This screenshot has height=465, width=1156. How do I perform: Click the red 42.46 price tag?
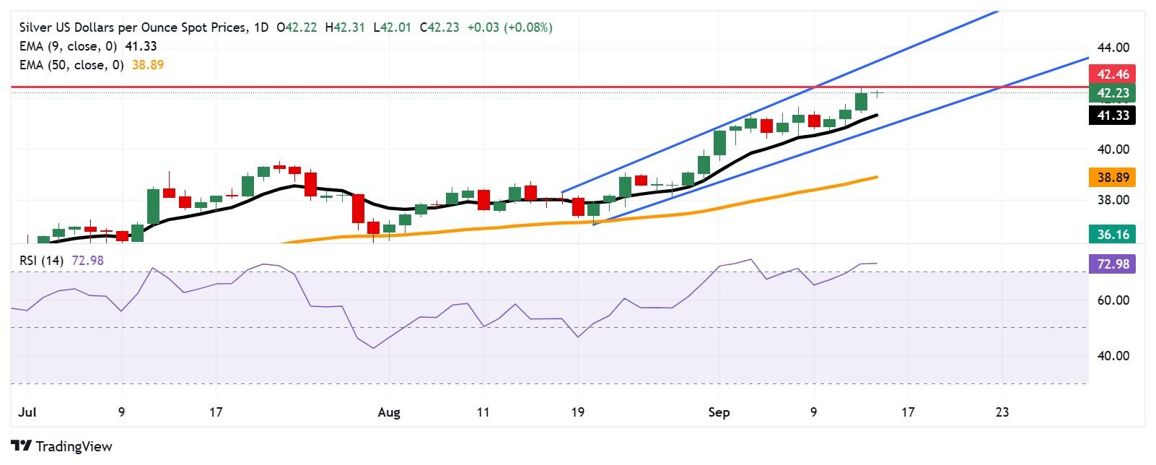1112,74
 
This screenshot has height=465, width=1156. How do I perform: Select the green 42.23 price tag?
1112,92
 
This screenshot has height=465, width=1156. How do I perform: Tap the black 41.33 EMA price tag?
1112,115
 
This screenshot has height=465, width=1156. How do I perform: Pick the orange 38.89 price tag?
1112,177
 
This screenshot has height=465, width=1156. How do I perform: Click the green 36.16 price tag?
1112,233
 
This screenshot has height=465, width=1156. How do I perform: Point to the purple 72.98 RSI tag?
1112,264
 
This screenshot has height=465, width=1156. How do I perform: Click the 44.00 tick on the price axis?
1112,48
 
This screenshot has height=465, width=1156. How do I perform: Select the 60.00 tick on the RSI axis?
1112,300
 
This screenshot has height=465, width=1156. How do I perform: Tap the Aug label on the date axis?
388,412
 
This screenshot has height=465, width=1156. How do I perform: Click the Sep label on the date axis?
719,412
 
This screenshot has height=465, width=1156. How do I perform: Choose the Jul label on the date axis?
26,412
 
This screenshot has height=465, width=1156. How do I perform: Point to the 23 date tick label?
1002,412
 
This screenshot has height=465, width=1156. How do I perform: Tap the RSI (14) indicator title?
42,261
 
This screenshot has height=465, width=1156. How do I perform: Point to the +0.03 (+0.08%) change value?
509,27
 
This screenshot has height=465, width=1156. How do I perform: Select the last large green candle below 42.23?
861,101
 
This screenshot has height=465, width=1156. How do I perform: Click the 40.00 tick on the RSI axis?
1112,356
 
